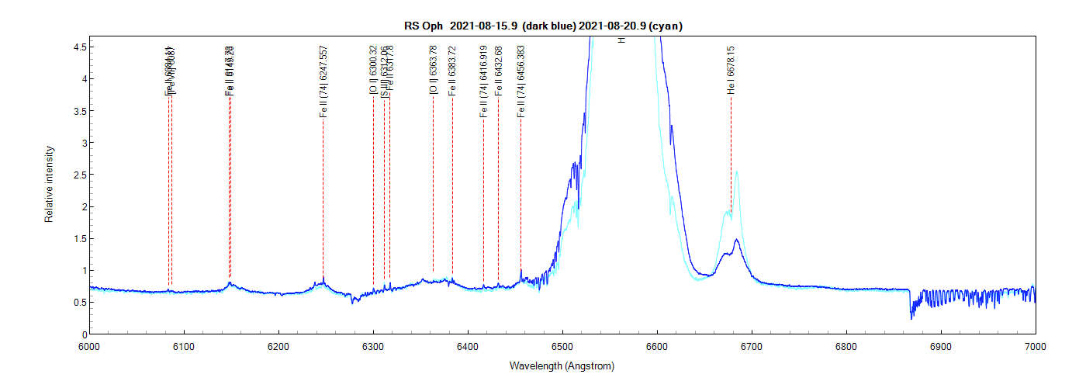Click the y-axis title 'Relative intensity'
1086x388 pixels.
point(49,184)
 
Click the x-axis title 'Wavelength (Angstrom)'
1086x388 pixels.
point(562,365)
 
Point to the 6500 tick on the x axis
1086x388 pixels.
point(562,334)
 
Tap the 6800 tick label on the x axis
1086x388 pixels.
point(846,345)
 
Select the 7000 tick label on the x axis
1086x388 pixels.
point(1036,345)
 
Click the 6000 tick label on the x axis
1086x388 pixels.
point(89,345)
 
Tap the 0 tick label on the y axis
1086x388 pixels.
point(80,334)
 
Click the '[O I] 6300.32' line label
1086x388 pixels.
point(373,70)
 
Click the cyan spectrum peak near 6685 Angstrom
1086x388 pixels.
point(736,172)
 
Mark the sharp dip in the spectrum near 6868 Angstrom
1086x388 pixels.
point(911,317)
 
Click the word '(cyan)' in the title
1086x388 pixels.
point(666,26)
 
